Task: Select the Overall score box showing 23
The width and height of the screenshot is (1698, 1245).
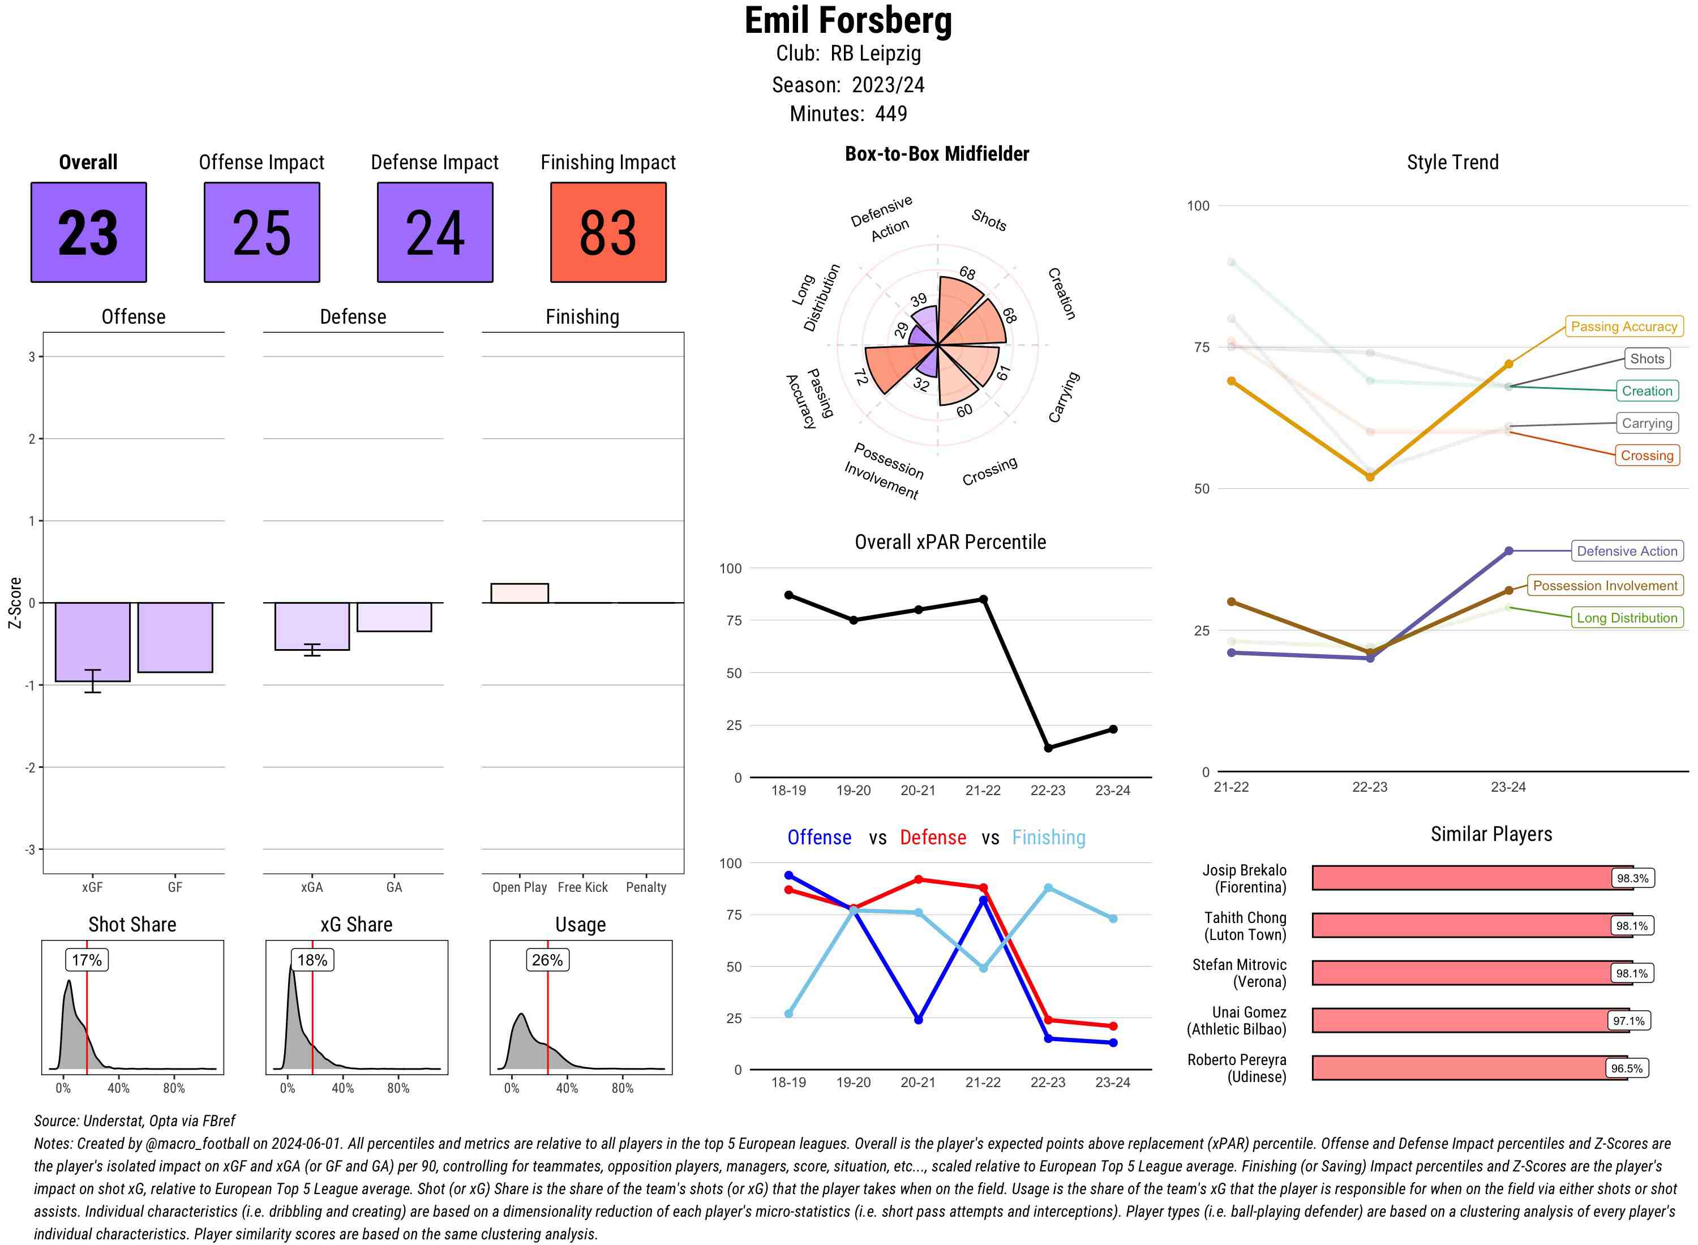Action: pos(88,232)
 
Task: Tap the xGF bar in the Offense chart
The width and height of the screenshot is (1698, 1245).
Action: pos(92,641)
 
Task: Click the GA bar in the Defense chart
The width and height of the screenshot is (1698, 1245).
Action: pos(393,616)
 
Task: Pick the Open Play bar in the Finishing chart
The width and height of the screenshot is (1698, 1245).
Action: pos(519,593)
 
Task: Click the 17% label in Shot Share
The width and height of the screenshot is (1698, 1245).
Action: pos(87,960)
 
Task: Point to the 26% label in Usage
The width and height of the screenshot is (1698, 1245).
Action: pos(547,960)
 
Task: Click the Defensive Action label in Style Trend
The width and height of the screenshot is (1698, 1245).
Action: pos(1627,551)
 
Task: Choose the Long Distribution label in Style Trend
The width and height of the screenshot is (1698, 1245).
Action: pos(1627,618)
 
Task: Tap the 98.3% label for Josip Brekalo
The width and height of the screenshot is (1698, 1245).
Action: pos(1632,878)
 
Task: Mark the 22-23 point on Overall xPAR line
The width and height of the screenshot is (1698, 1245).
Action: pos(1048,748)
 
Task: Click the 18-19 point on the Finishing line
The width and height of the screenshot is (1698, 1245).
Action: pos(788,1014)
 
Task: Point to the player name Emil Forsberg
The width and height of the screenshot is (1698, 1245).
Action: pos(848,20)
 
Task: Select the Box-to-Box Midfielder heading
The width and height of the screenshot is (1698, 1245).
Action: pos(936,154)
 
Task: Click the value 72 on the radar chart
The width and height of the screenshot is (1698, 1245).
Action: pos(860,377)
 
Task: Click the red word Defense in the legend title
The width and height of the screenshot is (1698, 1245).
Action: pos(932,838)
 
